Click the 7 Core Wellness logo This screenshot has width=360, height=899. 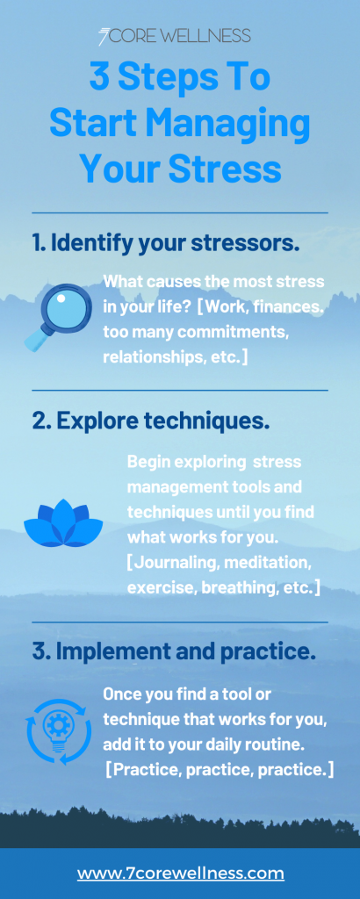(x=174, y=36)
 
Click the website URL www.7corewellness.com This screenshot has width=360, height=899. (x=180, y=873)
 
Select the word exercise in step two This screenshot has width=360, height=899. (x=160, y=587)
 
